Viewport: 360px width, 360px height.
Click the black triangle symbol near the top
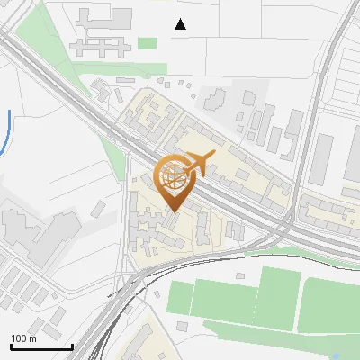(181, 24)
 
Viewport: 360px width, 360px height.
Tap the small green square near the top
(148, 42)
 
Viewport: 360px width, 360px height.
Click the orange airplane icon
(202, 163)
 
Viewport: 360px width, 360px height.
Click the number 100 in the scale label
(19, 339)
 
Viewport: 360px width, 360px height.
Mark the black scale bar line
(41, 346)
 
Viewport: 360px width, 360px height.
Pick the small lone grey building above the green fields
(239, 276)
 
